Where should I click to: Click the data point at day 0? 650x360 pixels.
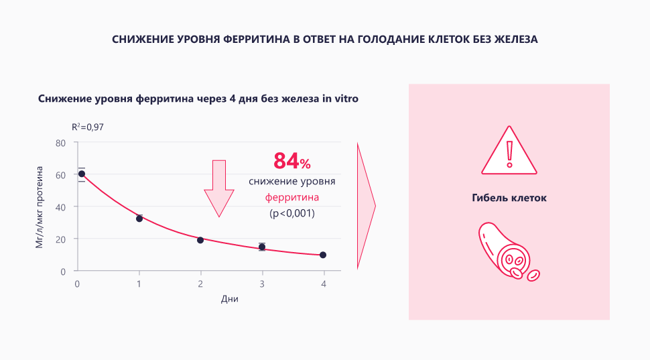click(82, 174)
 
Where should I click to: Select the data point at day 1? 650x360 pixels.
click(139, 219)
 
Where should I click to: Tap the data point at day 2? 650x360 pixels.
click(200, 240)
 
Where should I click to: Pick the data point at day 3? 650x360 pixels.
click(262, 247)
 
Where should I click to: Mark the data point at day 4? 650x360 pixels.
click(323, 255)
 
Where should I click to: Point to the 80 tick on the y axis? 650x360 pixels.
click(60, 143)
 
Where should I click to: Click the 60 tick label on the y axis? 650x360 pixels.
click(60, 175)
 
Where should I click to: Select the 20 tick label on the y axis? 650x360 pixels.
click(60, 239)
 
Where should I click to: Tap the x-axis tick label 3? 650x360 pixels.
click(262, 284)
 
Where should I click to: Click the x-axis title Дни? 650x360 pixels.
click(229, 299)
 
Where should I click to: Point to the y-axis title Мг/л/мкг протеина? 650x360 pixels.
click(40, 208)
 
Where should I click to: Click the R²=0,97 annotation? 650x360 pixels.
click(88, 126)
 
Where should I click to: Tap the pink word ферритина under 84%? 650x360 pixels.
click(291, 198)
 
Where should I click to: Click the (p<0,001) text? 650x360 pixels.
click(291, 213)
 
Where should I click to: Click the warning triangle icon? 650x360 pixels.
click(509, 151)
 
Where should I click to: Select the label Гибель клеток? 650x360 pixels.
click(509, 198)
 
